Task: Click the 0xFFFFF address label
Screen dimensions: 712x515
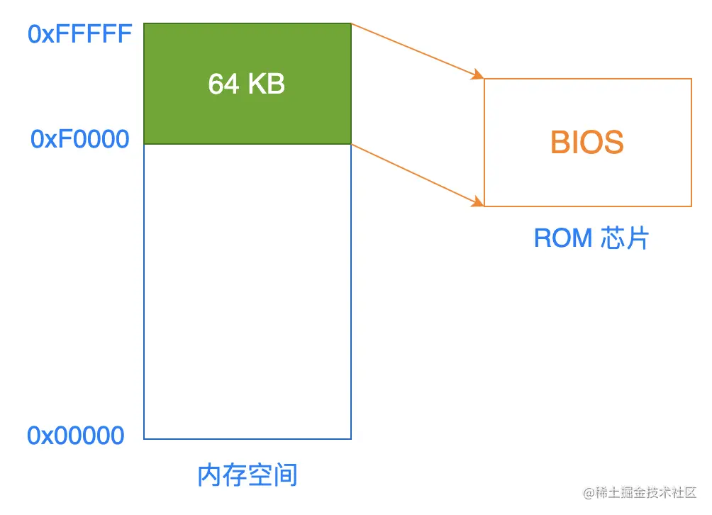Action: click(79, 34)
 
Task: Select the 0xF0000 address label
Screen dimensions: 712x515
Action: click(79, 139)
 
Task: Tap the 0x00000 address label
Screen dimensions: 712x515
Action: click(76, 435)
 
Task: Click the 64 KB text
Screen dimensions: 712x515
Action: click(246, 84)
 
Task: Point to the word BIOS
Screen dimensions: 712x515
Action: click(586, 143)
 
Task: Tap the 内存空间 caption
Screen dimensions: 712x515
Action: click(247, 475)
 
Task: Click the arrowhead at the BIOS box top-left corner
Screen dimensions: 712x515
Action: click(479, 75)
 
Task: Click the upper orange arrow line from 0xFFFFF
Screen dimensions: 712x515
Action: click(415, 50)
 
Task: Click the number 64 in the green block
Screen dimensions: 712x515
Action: click(223, 84)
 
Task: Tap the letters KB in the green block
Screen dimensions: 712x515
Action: click(265, 84)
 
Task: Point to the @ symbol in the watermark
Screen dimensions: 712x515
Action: click(589, 492)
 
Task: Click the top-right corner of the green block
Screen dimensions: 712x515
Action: click(351, 23)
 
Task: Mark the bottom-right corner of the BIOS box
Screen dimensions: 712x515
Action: click(691, 206)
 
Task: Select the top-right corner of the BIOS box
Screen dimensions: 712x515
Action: click(691, 79)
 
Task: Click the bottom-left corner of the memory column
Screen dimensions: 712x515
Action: click(144, 439)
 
